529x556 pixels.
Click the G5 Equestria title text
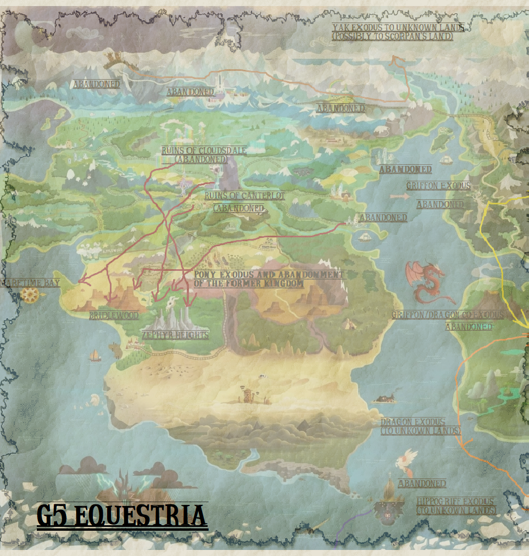(x=121, y=516)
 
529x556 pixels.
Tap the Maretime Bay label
(x=30, y=283)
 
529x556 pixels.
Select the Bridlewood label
(x=114, y=316)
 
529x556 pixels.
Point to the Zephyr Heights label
(x=175, y=335)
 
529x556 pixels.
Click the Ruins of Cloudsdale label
(x=203, y=154)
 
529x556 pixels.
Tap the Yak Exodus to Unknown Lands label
(x=398, y=32)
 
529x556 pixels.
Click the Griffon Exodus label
(x=438, y=186)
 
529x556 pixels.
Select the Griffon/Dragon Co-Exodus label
(x=448, y=315)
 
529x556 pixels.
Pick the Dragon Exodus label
(x=420, y=426)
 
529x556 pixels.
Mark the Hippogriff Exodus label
(x=456, y=506)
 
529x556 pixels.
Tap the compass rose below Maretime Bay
(x=30, y=295)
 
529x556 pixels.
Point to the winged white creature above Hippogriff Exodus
(x=408, y=459)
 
